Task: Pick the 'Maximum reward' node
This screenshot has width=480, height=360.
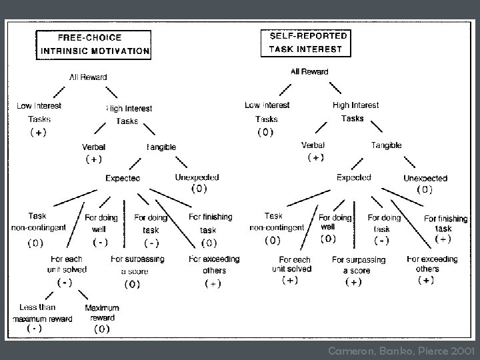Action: coord(102,313)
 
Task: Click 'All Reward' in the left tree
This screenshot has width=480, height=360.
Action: coord(89,77)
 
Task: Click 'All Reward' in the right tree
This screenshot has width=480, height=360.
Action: coord(309,72)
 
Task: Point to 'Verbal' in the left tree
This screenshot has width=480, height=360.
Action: coord(93,147)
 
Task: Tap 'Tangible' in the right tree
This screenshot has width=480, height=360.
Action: coord(386,145)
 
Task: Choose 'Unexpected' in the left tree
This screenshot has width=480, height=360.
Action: coord(197,177)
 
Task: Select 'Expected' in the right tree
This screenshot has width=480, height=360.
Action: coord(354,178)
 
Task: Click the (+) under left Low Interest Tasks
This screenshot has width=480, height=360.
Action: coord(38,132)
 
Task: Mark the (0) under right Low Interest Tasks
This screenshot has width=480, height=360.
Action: coord(265,132)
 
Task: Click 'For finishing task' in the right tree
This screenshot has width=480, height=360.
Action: coord(445,223)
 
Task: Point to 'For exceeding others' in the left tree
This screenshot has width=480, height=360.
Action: coord(214,265)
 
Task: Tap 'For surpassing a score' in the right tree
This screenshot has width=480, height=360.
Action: coord(359,265)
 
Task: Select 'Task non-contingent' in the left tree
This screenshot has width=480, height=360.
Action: coord(37,222)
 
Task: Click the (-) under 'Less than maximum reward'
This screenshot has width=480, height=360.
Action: coord(34,329)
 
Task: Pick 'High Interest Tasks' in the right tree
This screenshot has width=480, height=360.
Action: coord(355,111)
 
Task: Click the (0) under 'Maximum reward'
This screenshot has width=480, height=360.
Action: coord(101,329)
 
